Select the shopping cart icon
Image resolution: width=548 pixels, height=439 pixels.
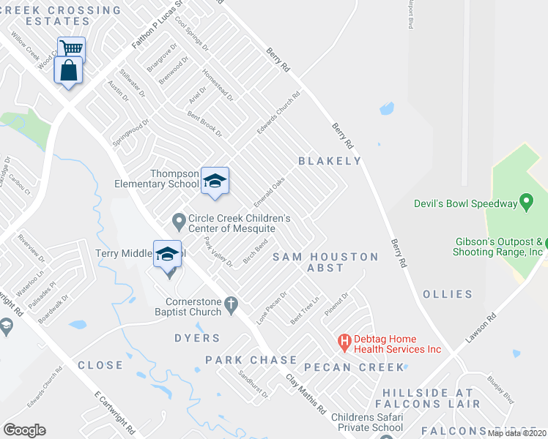click(x=71, y=49)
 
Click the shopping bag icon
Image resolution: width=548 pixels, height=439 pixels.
click(x=68, y=71)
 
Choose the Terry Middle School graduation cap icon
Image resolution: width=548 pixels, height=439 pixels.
click(x=167, y=254)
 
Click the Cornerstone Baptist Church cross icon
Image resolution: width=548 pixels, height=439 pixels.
click(x=231, y=303)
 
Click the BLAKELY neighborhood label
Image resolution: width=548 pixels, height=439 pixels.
click(x=330, y=161)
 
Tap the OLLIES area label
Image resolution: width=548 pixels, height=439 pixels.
click(x=448, y=294)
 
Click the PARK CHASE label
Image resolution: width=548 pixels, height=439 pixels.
click(x=251, y=360)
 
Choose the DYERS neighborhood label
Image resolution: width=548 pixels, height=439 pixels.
click(x=197, y=338)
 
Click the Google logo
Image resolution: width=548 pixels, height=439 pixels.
click(x=25, y=430)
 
